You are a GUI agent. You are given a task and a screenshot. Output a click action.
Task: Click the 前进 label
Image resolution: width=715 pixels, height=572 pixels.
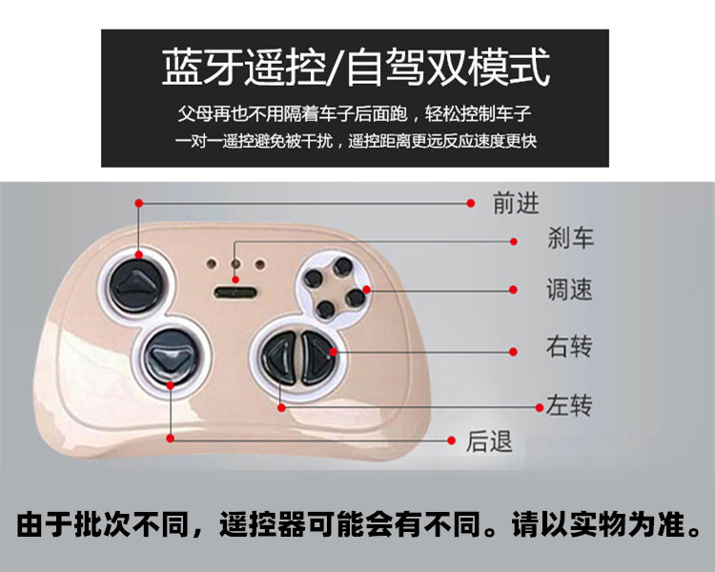point(516,203)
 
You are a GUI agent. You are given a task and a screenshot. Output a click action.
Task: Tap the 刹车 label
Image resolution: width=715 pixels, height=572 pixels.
point(570,237)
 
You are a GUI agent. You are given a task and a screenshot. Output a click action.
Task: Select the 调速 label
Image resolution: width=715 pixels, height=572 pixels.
point(569,290)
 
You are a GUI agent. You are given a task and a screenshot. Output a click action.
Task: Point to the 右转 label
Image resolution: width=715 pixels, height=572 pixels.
point(569,346)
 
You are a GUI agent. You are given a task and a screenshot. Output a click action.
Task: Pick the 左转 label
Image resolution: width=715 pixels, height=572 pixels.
point(569,404)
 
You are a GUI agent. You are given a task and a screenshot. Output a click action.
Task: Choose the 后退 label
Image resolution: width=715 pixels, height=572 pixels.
point(489,441)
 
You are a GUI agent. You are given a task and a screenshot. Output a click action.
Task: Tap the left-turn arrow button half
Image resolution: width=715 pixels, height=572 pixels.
point(279,357)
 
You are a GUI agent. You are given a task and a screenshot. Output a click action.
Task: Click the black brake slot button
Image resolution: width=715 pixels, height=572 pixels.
point(235,292)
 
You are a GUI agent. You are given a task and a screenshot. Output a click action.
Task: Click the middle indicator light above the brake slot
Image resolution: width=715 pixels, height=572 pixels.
point(235,264)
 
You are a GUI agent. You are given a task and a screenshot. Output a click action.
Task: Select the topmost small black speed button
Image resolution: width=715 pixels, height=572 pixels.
point(342,267)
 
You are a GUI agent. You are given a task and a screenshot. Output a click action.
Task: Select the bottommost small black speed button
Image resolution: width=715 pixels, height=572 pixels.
point(326,310)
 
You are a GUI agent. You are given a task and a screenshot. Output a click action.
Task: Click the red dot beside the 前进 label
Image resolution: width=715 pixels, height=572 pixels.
point(471,203)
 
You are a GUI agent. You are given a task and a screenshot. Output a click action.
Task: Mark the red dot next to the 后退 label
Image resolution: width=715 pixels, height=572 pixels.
point(452,440)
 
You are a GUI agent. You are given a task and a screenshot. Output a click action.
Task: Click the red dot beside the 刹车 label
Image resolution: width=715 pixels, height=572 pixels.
point(514,242)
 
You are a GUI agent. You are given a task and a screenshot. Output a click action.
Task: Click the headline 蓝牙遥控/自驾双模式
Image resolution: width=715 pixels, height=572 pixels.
point(356,68)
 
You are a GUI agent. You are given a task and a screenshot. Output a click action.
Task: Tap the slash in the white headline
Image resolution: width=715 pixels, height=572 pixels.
point(337,68)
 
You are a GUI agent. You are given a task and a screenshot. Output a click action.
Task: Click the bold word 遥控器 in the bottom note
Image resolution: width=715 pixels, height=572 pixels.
point(262,524)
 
